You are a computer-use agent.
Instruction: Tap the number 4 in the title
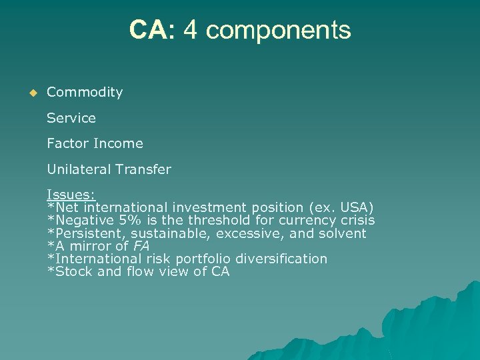pyautogui.click(x=190, y=30)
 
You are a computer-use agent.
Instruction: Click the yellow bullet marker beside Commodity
pyautogui.click(x=30, y=93)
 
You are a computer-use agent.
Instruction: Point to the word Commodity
pyautogui.click(x=85, y=93)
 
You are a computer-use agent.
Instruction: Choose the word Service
pyautogui.click(x=71, y=118)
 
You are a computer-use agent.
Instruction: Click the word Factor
pyautogui.click(x=67, y=143)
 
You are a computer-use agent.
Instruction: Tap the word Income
pyautogui.click(x=118, y=143)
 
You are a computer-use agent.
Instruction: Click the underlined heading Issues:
pyautogui.click(x=71, y=195)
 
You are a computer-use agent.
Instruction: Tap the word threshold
pyautogui.click(x=217, y=220)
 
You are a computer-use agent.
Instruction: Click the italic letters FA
pyautogui.click(x=141, y=246)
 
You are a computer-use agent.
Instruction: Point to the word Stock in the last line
pyautogui.click(x=73, y=271)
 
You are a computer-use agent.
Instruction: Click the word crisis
pyautogui.click(x=357, y=220)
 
